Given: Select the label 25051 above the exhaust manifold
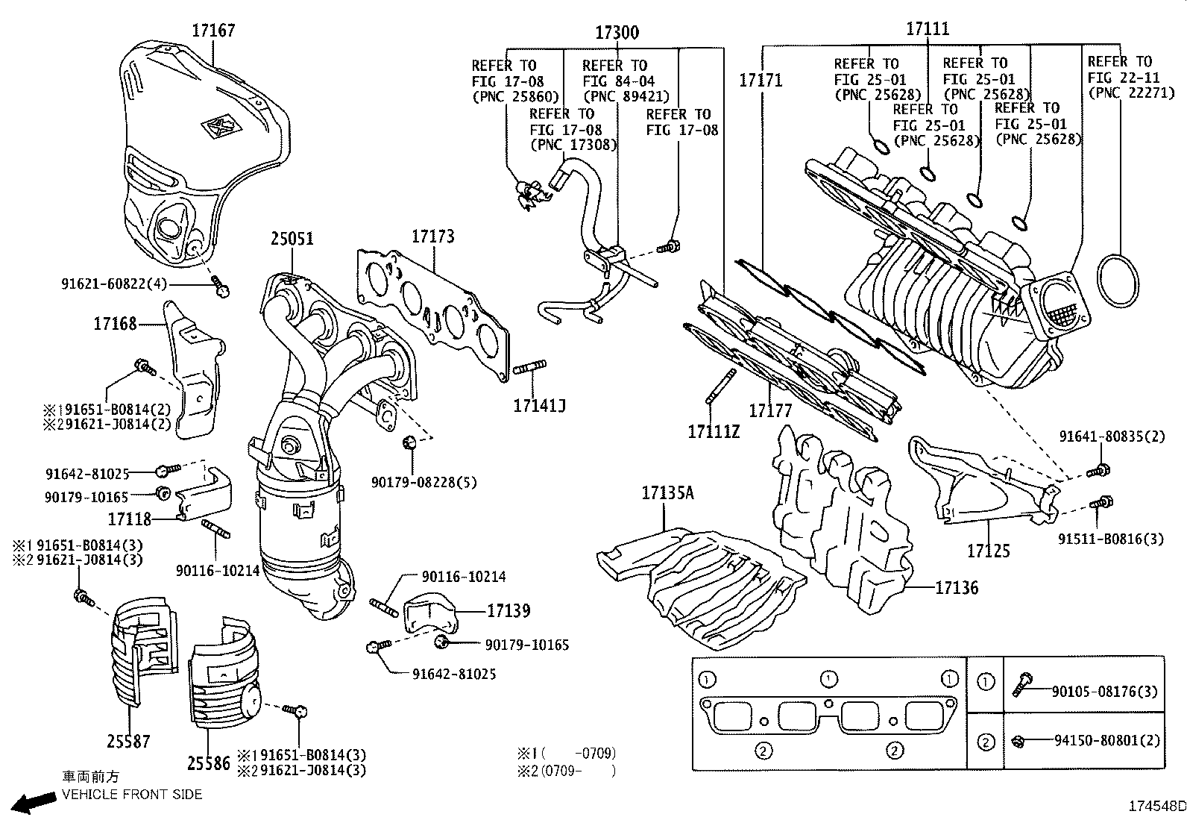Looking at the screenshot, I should tap(292, 239).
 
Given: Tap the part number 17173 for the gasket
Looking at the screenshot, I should tap(432, 237).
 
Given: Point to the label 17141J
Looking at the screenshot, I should tap(539, 405).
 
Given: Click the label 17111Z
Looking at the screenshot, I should tap(713, 431).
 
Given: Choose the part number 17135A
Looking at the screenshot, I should tap(667, 492).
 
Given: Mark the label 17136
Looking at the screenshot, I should tap(957, 588).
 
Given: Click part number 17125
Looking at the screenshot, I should tap(988, 551).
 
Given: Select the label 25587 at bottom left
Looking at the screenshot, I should tap(128, 741).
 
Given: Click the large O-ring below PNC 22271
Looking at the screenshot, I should tap(1119, 281).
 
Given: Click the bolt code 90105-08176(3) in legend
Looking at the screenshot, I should tap(1104, 692).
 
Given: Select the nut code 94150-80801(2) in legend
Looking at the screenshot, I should tap(1106, 741).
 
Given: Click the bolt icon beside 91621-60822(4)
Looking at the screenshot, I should tap(221, 287).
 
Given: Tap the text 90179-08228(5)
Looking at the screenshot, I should tap(424, 482).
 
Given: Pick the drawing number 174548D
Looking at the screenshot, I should tap(1156, 806).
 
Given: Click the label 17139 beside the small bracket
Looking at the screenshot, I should tap(509, 611).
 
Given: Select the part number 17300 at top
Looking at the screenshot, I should tap(617, 33).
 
